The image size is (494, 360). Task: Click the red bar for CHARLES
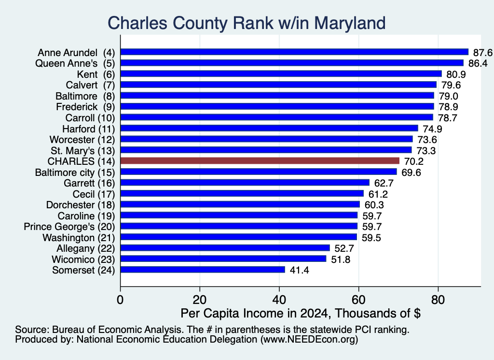coord(260,161)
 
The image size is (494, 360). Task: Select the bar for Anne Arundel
coord(295,52)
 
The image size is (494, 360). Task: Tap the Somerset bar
coord(203,270)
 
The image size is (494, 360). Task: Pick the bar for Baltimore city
coord(259,172)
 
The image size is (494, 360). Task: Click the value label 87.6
coord(482,52)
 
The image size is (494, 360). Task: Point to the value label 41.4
coord(299,270)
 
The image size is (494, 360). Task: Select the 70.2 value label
coord(413,161)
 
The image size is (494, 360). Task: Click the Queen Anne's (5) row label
coord(75,63)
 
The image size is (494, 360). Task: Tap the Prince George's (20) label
coord(69,227)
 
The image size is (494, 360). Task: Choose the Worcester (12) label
coord(82,140)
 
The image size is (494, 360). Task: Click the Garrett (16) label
coord(89,183)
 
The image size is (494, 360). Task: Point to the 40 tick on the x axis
coord(279,300)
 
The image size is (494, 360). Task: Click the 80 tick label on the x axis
coord(438,300)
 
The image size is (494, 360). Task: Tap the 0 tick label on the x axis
coord(120,300)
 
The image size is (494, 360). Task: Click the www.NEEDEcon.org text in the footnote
coord(309,339)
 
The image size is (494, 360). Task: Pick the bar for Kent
coord(281,74)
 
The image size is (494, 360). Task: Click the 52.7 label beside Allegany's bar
coord(344,248)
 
